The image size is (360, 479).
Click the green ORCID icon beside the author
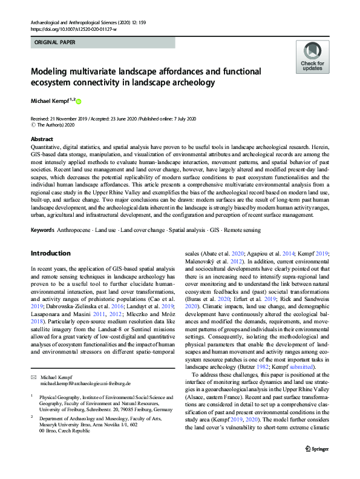[78, 101]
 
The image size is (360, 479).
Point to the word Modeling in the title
[53, 72]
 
